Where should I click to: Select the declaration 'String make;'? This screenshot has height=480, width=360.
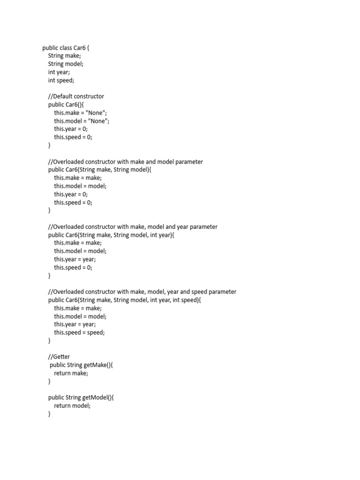(64, 56)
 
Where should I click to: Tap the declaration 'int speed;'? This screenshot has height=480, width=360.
(61, 80)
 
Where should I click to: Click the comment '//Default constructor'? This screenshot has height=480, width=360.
(76, 96)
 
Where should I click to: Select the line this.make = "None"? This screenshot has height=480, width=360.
(81, 113)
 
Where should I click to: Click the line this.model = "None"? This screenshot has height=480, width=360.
(82, 121)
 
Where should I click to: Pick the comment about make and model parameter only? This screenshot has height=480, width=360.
(126, 162)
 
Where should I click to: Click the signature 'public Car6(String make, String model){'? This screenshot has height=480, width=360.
(100, 170)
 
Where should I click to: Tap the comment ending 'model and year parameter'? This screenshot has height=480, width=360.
(133, 227)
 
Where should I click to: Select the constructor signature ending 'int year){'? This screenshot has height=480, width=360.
(111, 235)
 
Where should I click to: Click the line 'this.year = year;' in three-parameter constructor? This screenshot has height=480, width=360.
(75, 259)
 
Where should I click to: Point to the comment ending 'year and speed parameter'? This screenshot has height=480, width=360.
(142, 292)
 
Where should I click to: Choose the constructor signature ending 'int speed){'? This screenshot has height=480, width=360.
(124, 300)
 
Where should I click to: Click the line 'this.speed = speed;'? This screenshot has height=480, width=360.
(79, 332)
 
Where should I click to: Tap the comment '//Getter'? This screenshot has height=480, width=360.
(59, 357)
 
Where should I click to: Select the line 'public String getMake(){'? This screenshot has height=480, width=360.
(81, 365)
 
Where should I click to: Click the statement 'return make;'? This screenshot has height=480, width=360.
(71, 373)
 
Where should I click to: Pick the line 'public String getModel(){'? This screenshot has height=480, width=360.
(81, 397)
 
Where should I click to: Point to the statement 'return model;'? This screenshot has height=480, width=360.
(72, 406)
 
